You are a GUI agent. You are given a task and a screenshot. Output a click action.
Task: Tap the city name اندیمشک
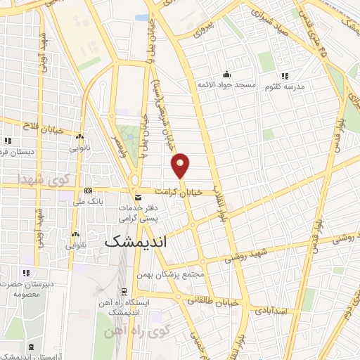click(x=146, y=240)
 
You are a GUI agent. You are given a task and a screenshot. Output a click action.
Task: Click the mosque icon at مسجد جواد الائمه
click(x=226, y=75)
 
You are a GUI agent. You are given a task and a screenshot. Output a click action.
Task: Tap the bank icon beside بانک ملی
click(x=88, y=191)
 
